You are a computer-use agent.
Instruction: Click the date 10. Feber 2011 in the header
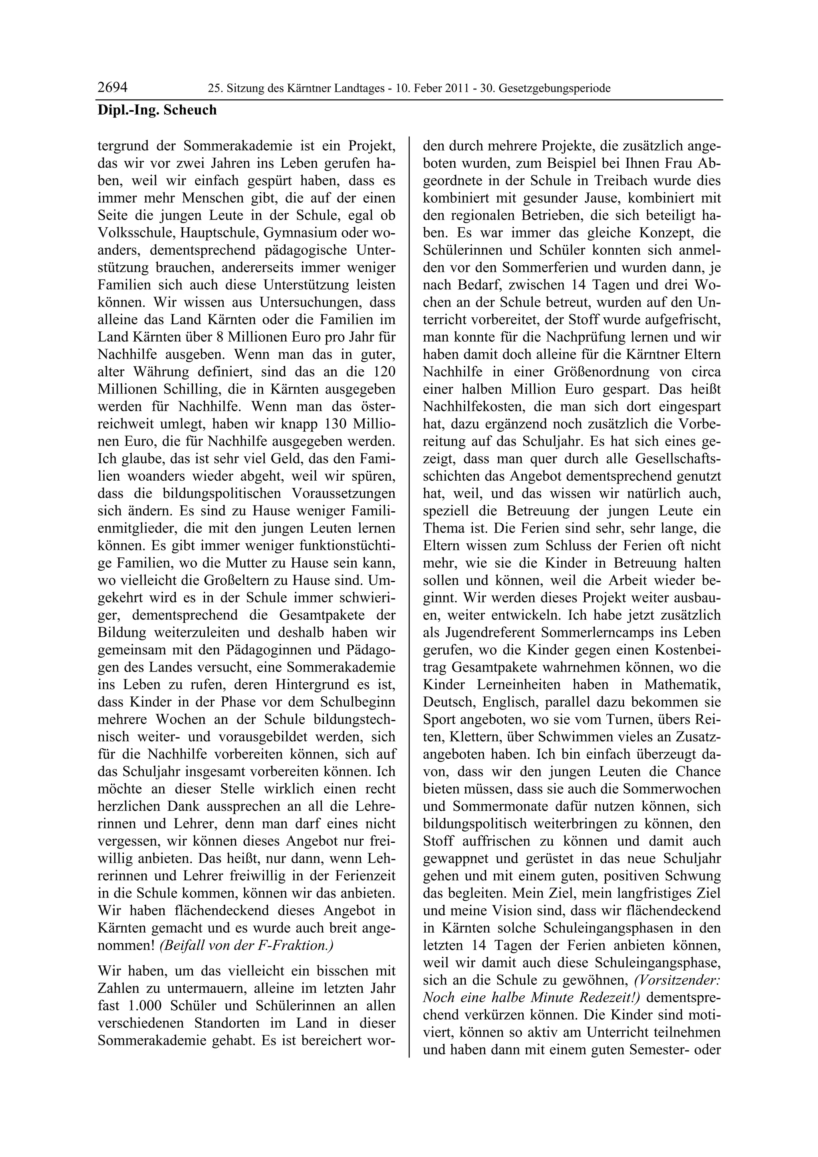(x=435, y=89)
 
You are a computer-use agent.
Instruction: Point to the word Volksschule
(x=131, y=233)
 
